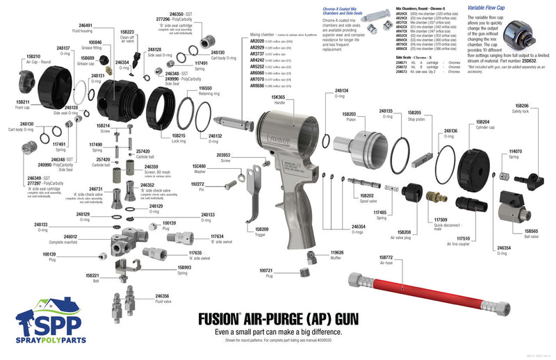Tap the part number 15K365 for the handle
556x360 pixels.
(278, 97)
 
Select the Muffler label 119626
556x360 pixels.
(337, 252)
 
